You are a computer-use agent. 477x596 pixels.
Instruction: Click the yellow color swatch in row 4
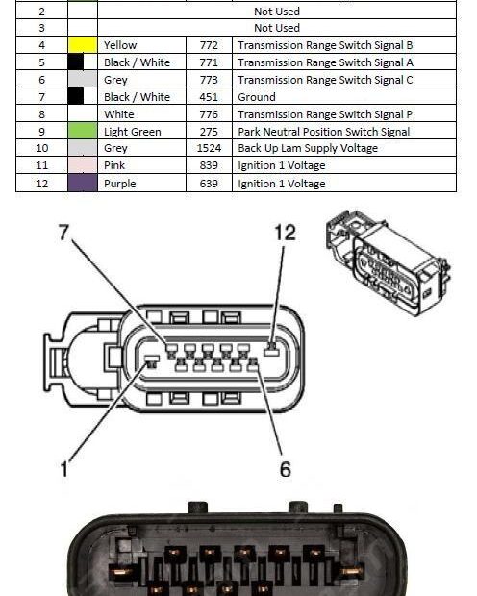point(82,45)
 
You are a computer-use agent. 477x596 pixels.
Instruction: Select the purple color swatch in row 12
point(82,184)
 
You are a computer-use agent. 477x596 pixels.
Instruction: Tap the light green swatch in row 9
point(82,132)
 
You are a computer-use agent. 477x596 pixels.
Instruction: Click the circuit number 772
point(208,45)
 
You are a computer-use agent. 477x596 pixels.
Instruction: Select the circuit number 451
point(208,97)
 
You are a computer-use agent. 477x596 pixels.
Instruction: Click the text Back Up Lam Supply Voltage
point(307,149)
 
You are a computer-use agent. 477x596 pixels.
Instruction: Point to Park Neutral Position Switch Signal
point(323,132)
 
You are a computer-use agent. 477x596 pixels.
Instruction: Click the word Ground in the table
point(257,97)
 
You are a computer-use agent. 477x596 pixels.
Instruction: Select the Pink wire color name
point(114,166)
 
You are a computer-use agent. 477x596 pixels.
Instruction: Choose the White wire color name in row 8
point(118,114)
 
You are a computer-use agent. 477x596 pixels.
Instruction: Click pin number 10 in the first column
point(41,149)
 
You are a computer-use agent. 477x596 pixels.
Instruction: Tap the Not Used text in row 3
point(276,29)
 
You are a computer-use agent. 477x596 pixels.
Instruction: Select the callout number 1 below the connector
point(65,469)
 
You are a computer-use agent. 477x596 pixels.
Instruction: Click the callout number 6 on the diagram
point(286,469)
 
